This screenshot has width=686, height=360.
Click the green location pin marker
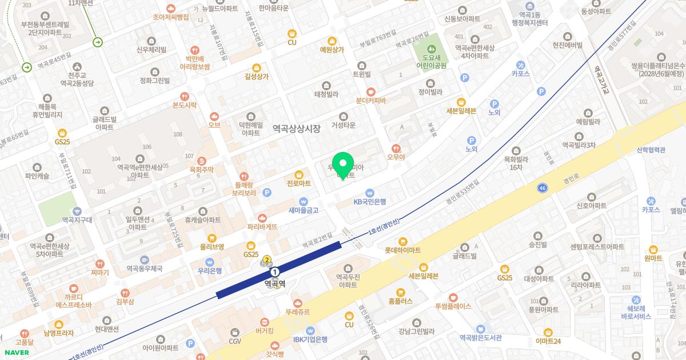(343, 165)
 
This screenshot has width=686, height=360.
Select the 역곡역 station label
(275, 282)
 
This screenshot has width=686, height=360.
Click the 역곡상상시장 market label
(296, 129)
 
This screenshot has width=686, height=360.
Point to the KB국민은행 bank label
(369, 201)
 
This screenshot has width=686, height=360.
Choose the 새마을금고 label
(303, 210)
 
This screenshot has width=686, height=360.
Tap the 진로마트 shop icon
(298, 174)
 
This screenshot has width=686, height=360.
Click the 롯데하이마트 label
(402, 250)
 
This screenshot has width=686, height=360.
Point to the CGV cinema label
(235, 341)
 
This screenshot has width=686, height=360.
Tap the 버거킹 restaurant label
(264, 330)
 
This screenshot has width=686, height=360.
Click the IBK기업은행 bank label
(310, 339)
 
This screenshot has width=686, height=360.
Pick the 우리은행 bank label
(209, 271)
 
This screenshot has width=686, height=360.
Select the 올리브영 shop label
(212, 246)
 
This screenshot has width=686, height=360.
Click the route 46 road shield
(543, 187)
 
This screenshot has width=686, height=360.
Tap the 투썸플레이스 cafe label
(453, 306)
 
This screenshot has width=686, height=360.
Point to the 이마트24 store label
(548, 341)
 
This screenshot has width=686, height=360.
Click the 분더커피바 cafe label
(370, 101)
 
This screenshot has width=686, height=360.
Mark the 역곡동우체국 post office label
(145, 267)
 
